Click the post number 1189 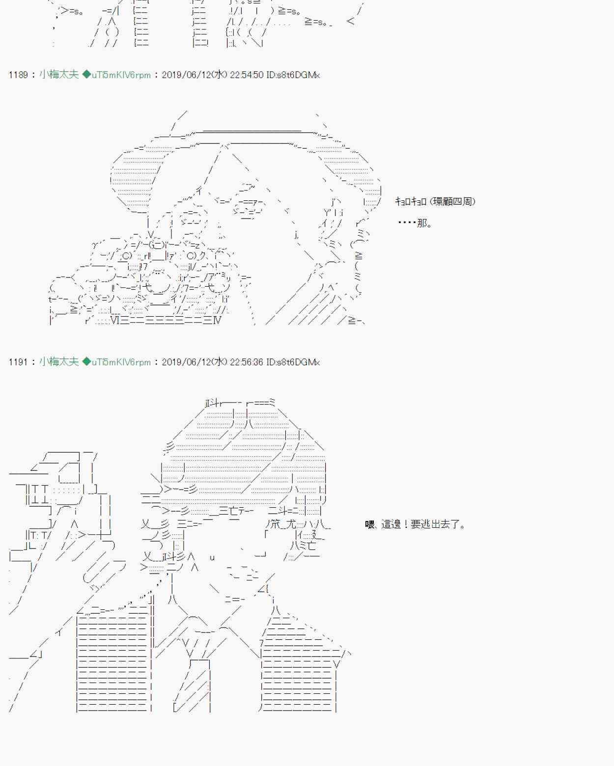pos(18,75)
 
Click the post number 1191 pos(18,362)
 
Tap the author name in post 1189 pos(59,75)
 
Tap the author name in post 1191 pos(59,362)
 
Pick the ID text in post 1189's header pos(293,75)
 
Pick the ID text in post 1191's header pos(293,362)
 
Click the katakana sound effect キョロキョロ pos(411,201)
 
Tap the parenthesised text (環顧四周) pos(452,201)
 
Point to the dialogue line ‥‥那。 pos(415,223)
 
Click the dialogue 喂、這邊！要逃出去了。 pos(415,524)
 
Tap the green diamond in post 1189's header pos(86,75)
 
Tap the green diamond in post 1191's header pos(86,362)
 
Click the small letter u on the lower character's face pos(212,557)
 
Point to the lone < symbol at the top pos(350,21)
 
